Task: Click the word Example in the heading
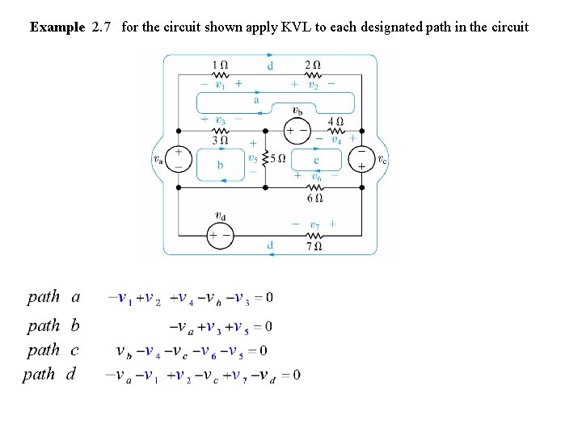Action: tap(57, 27)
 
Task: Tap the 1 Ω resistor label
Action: tap(219, 64)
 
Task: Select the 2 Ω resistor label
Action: tap(312, 64)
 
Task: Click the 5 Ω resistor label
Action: tap(277, 159)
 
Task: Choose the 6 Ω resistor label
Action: tap(315, 197)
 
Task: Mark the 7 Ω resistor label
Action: tap(315, 245)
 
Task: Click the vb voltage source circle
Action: tap(297, 128)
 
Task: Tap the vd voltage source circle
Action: tap(220, 235)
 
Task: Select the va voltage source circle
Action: tap(178, 159)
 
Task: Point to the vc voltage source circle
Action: tap(361, 159)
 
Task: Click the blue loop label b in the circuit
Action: tap(221, 165)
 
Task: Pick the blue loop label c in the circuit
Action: tap(316, 161)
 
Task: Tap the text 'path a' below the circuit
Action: tap(53, 296)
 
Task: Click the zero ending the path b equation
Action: tap(268, 327)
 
